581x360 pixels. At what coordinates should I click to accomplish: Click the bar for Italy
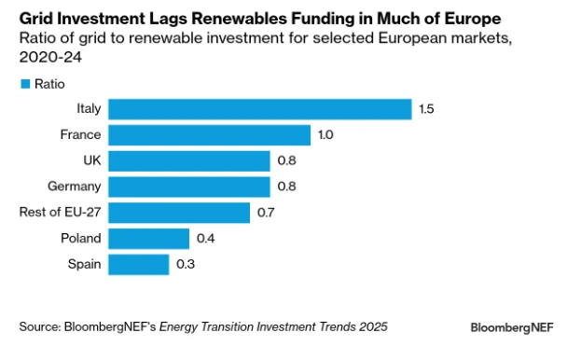[260, 109]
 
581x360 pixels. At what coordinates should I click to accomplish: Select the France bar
[210, 135]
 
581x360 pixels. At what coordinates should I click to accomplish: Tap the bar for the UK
[189, 160]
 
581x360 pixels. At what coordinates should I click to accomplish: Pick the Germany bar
[189, 187]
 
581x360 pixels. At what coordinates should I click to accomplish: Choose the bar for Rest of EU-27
[179, 213]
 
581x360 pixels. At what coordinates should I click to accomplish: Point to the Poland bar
[149, 239]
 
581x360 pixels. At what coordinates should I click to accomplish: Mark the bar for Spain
[139, 264]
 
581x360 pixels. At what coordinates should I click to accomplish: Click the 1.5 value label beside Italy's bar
[427, 109]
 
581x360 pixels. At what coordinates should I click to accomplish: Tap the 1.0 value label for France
[325, 135]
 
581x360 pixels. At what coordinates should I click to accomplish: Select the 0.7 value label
[266, 213]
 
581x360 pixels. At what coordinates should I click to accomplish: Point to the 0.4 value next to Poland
[206, 239]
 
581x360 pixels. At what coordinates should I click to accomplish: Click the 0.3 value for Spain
[186, 264]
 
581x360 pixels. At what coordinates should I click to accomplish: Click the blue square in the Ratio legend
[24, 84]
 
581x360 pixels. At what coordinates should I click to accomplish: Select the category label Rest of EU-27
[60, 213]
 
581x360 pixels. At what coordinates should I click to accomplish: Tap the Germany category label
[75, 187]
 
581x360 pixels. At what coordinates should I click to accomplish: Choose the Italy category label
[88, 109]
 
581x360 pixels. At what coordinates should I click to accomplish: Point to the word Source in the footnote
[38, 326]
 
